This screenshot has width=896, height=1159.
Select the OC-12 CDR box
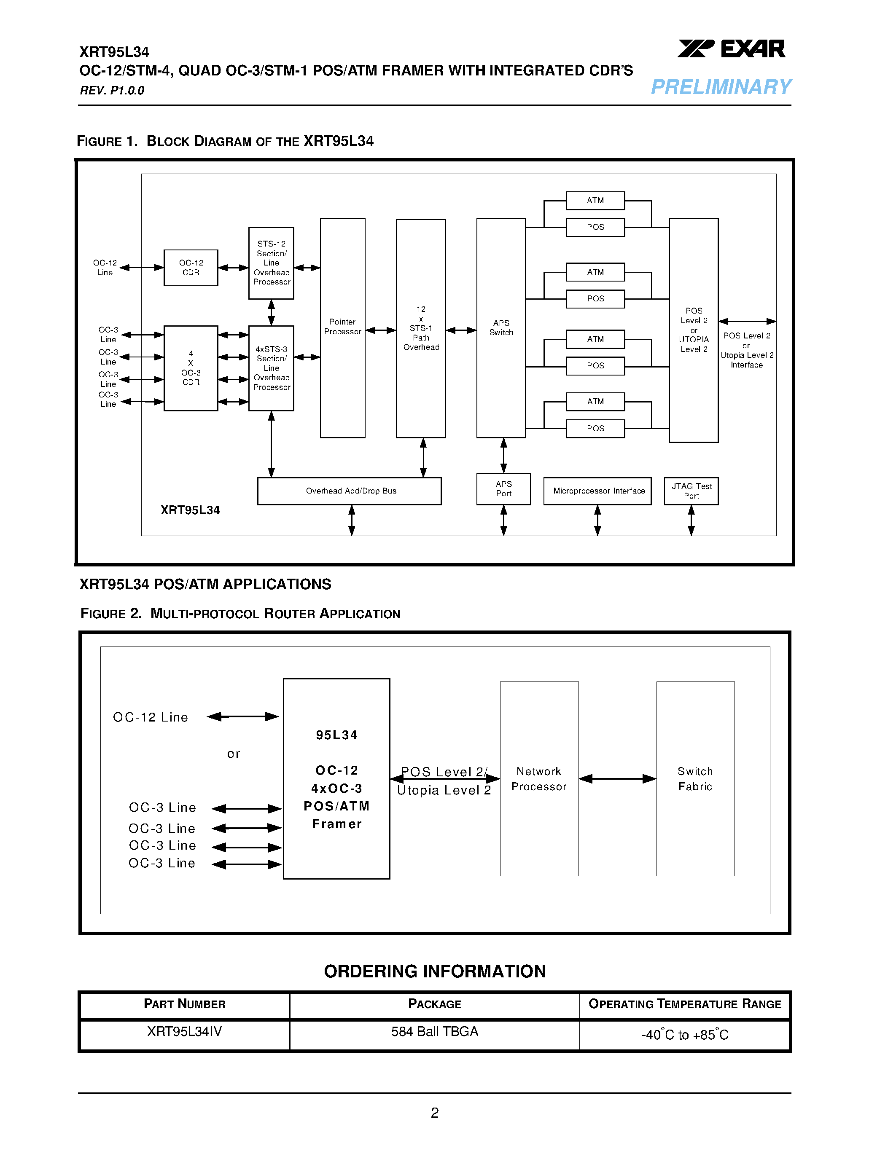point(191,268)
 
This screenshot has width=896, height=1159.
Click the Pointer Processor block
point(342,327)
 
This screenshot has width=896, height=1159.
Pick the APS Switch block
point(500,327)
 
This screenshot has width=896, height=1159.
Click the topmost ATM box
point(595,201)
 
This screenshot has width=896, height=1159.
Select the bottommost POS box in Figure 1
point(595,428)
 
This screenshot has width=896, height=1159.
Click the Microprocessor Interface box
point(597,491)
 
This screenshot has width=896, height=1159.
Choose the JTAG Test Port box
point(691,491)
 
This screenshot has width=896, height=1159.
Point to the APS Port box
point(503,489)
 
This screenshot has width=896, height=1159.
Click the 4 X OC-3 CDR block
point(191,368)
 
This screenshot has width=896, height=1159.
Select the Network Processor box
point(539,778)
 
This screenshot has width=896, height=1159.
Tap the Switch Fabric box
point(695,778)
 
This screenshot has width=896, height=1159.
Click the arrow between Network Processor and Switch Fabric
point(617,778)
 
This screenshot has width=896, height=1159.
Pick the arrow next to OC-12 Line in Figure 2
point(242,716)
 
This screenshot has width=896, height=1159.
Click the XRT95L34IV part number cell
point(184,1031)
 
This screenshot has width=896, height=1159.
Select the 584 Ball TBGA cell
point(434,1031)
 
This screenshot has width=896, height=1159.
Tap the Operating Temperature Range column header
point(684,1004)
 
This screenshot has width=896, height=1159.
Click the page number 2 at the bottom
point(434,1112)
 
